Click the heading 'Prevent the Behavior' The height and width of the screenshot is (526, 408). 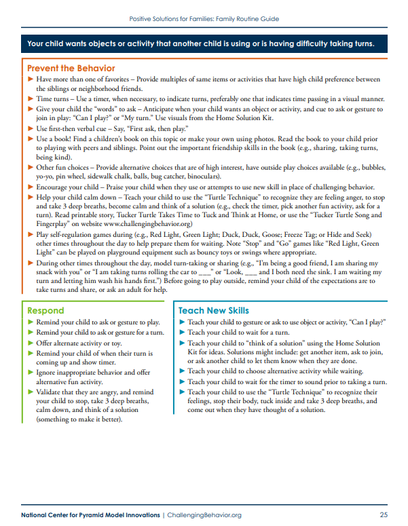coord(71,69)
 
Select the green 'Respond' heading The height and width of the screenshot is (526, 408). coord(45,310)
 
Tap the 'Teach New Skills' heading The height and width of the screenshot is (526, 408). coord(213,310)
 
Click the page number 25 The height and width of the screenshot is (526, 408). coord(384,515)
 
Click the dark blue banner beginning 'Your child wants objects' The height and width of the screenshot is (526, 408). coord(204,44)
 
